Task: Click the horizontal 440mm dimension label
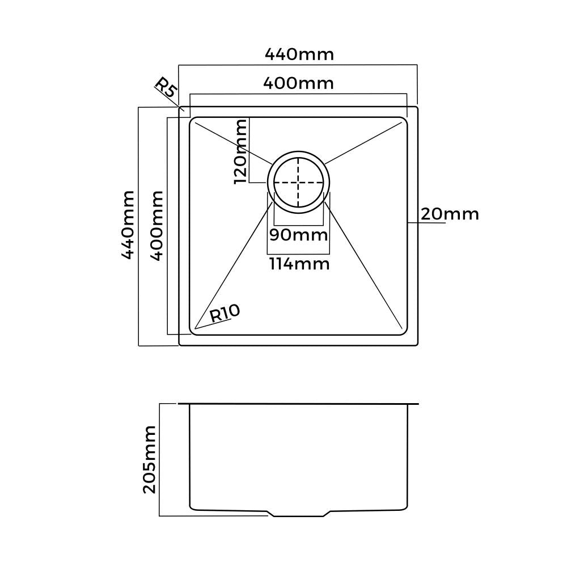pos(299,54)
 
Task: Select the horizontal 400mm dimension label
pos(298,83)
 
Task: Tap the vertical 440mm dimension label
pos(129,225)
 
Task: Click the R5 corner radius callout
pos(166,88)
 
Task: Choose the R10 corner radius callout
pos(225,312)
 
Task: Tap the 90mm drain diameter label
pos(298,234)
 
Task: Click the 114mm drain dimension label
pos(299,264)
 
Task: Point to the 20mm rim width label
pos(450,214)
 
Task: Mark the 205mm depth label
pos(149,460)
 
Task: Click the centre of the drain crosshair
pos(298,183)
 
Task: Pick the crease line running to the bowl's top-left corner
pos(232,142)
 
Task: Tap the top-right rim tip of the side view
pos(417,404)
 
